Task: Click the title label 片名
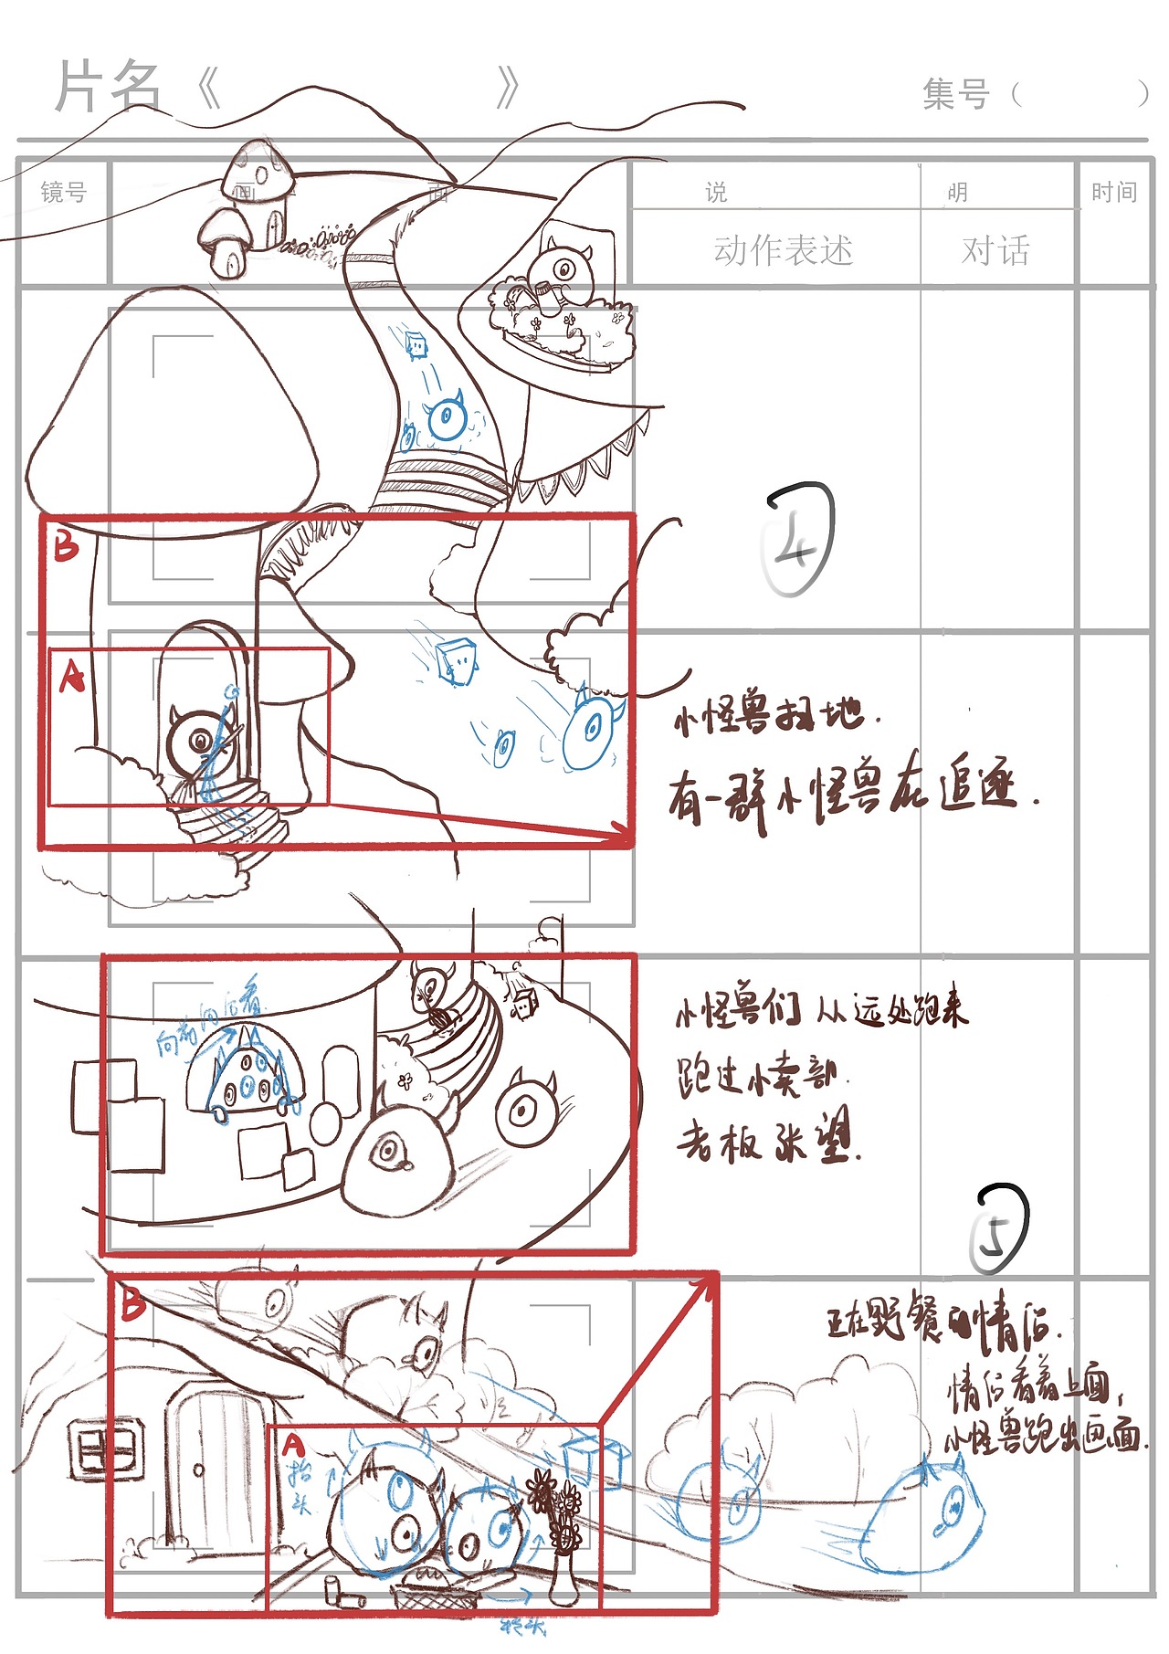pyautogui.click(x=108, y=88)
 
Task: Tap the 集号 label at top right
pyautogui.click(x=955, y=94)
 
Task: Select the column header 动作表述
pyautogui.click(x=783, y=250)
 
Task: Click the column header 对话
pyautogui.click(x=995, y=250)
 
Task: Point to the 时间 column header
pyautogui.click(x=1113, y=193)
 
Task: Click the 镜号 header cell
pyautogui.click(x=63, y=193)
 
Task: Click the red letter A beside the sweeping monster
pyautogui.click(x=71, y=677)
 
